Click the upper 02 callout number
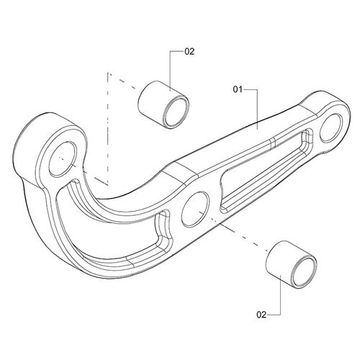tap(190, 52)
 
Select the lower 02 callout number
tap(261, 313)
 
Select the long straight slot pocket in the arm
tap(264, 168)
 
